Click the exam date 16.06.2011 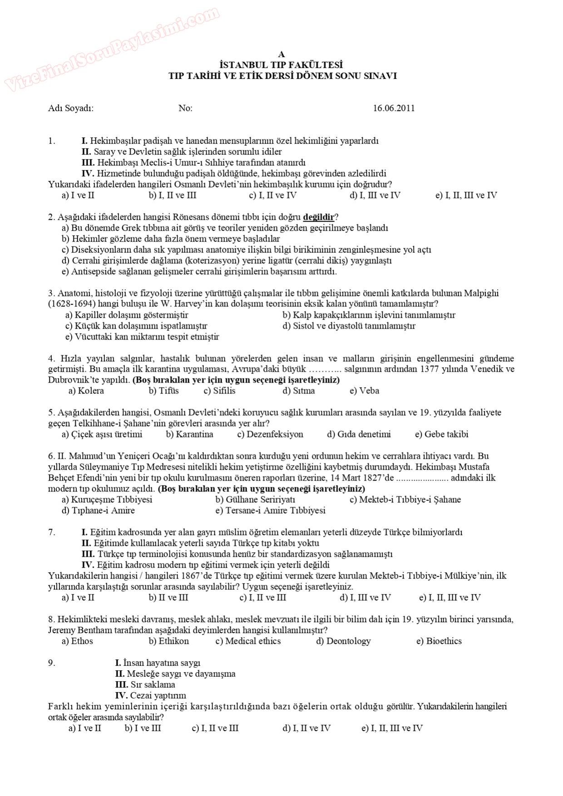coord(394,108)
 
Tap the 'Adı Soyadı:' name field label coord(71,108)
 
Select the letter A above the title coord(282,54)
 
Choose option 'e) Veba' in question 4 coord(364,391)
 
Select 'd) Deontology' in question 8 coord(343,641)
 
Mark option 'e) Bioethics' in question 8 coord(439,641)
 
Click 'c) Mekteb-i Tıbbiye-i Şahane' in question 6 coord(405,500)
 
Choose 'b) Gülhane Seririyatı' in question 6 coord(255,500)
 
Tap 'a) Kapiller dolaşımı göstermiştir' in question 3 coord(127,315)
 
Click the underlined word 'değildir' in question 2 coord(318,217)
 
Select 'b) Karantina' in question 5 coord(189,434)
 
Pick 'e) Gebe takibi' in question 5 coord(441,434)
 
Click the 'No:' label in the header coord(185,108)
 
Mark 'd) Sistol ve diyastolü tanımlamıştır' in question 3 coord(349,326)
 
